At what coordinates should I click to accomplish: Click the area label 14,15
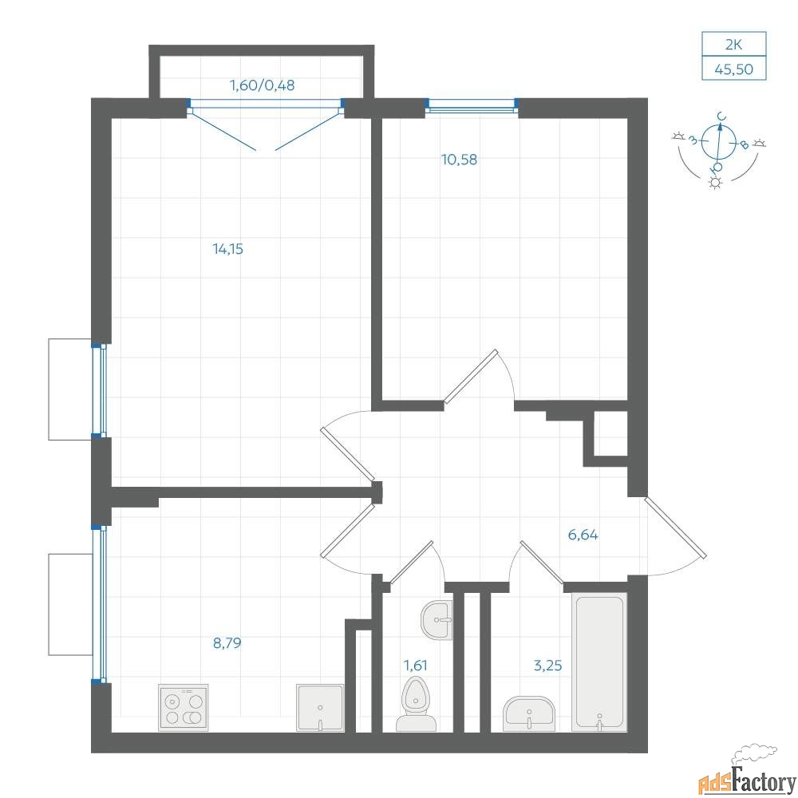tap(227, 249)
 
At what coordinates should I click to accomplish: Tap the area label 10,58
tap(459, 160)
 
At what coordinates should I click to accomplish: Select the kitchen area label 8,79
tap(227, 643)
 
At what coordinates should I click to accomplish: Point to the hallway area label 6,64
tap(583, 535)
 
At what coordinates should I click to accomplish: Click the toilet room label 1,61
tap(415, 666)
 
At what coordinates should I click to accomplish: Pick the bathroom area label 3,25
tap(547, 666)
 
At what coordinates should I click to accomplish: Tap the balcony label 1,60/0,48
tap(262, 85)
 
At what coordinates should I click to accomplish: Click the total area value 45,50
tap(733, 69)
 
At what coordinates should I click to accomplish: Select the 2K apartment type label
tap(733, 45)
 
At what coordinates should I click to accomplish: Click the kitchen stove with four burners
tap(184, 707)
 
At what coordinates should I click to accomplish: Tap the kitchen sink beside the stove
tap(320, 708)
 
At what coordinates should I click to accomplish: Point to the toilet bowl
tap(416, 705)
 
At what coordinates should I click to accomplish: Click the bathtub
tap(599, 662)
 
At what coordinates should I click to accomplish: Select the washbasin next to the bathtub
tap(529, 714)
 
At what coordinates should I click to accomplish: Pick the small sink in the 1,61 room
tap(437, 620)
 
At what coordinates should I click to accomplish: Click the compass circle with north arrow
tap(719, 141)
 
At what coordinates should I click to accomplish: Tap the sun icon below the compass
tap(716, 182)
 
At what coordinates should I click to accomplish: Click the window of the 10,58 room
tap(472, 105)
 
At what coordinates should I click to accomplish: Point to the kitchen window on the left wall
tap(99, 603)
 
